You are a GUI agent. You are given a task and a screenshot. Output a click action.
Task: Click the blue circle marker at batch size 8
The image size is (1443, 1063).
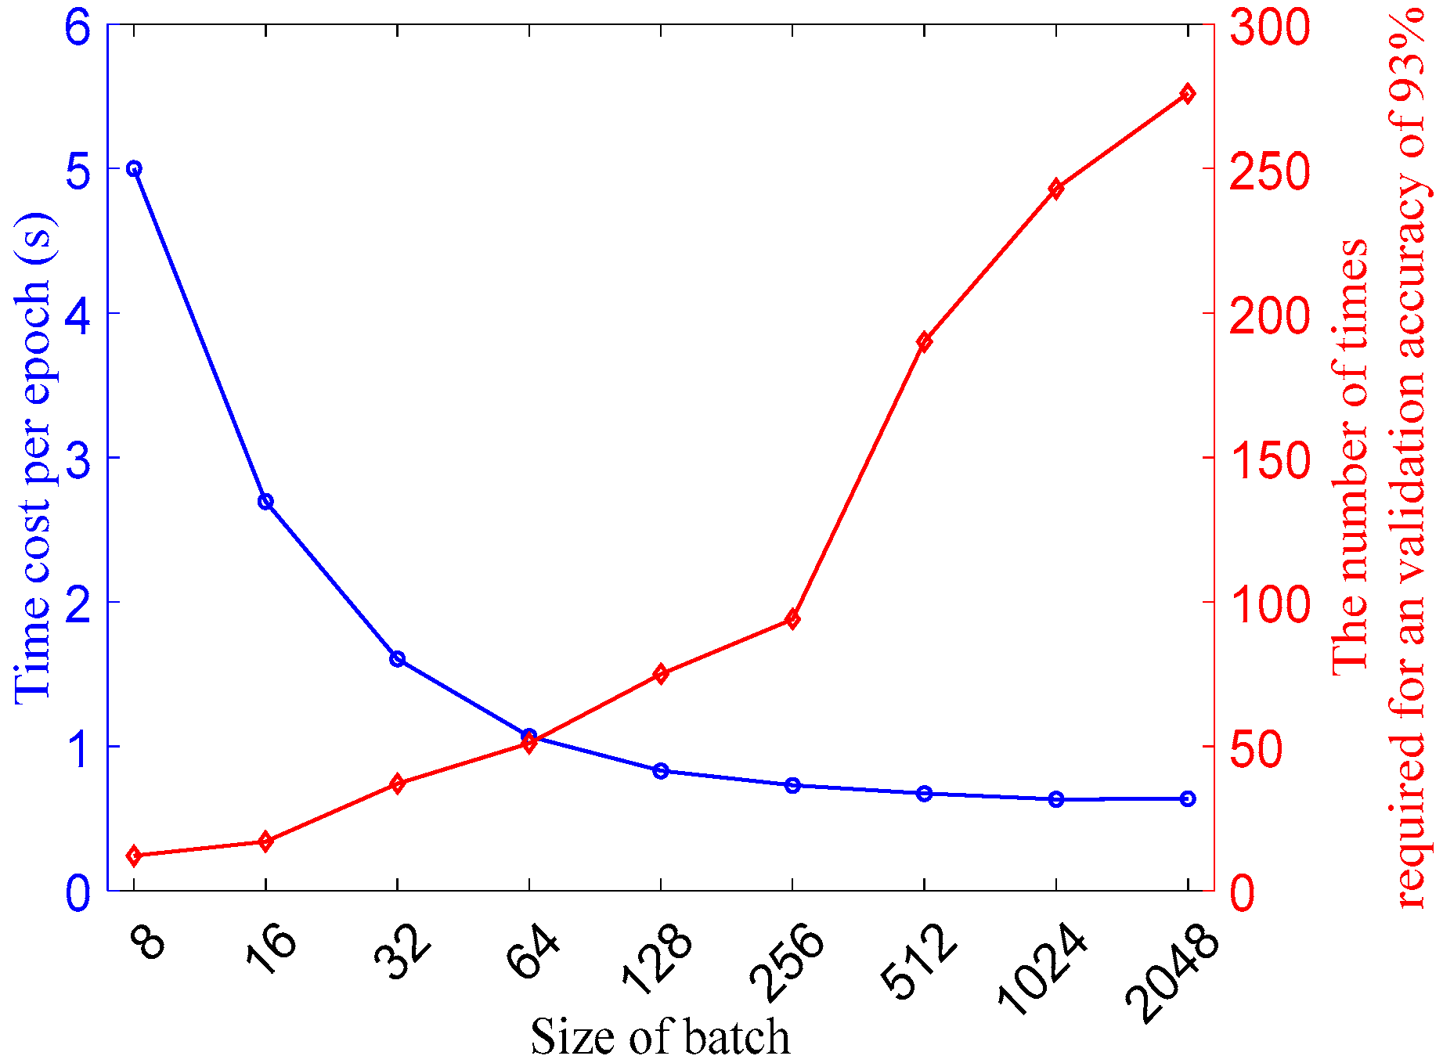134,169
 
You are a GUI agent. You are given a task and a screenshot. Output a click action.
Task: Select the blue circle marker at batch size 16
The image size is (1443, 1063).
265,502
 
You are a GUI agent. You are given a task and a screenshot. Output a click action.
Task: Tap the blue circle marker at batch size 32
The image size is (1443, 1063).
397,659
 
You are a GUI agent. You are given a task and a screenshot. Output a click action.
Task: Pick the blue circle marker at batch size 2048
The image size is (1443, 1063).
1188,798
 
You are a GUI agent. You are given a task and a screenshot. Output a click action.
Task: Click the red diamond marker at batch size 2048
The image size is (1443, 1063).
1188,94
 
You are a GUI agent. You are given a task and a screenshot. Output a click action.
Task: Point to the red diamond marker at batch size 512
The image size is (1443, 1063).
925,341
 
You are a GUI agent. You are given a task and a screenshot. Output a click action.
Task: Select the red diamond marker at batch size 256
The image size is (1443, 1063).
793,620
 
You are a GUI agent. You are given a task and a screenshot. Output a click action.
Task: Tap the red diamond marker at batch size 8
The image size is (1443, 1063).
134,856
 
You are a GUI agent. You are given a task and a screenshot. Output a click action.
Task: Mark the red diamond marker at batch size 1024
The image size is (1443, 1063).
1056,189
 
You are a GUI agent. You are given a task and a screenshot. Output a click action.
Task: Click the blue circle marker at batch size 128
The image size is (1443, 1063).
661,771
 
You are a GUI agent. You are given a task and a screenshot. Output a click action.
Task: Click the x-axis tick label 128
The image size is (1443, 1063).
658,959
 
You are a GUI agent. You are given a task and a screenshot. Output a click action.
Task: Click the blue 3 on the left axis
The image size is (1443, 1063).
80,459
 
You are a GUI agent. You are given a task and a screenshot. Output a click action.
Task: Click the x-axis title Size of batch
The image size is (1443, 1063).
660,1036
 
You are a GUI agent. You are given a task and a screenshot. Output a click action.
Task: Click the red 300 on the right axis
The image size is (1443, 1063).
1269,26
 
